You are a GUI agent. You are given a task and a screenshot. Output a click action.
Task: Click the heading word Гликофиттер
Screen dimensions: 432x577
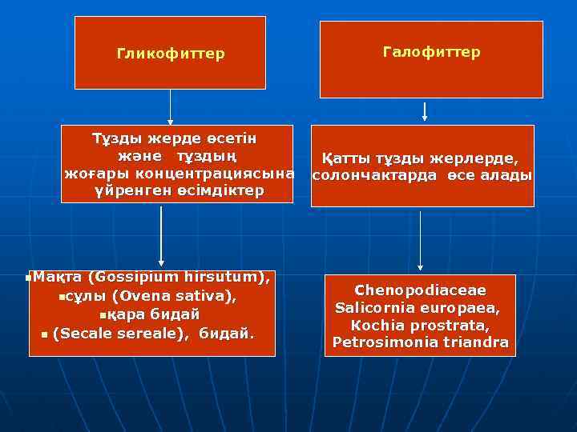click(171, 54)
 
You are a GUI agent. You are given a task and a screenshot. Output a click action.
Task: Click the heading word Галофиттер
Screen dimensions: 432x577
click(431, 52)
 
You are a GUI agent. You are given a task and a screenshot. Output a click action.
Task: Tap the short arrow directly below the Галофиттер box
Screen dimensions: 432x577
click(424, 110)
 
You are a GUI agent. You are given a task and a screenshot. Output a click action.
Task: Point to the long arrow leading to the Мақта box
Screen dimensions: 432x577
click(162, 235)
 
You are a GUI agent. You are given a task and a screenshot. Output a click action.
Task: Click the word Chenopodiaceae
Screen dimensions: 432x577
click(420, 290)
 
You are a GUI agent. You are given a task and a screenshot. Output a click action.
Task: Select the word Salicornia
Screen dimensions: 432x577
click(376, 307)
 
